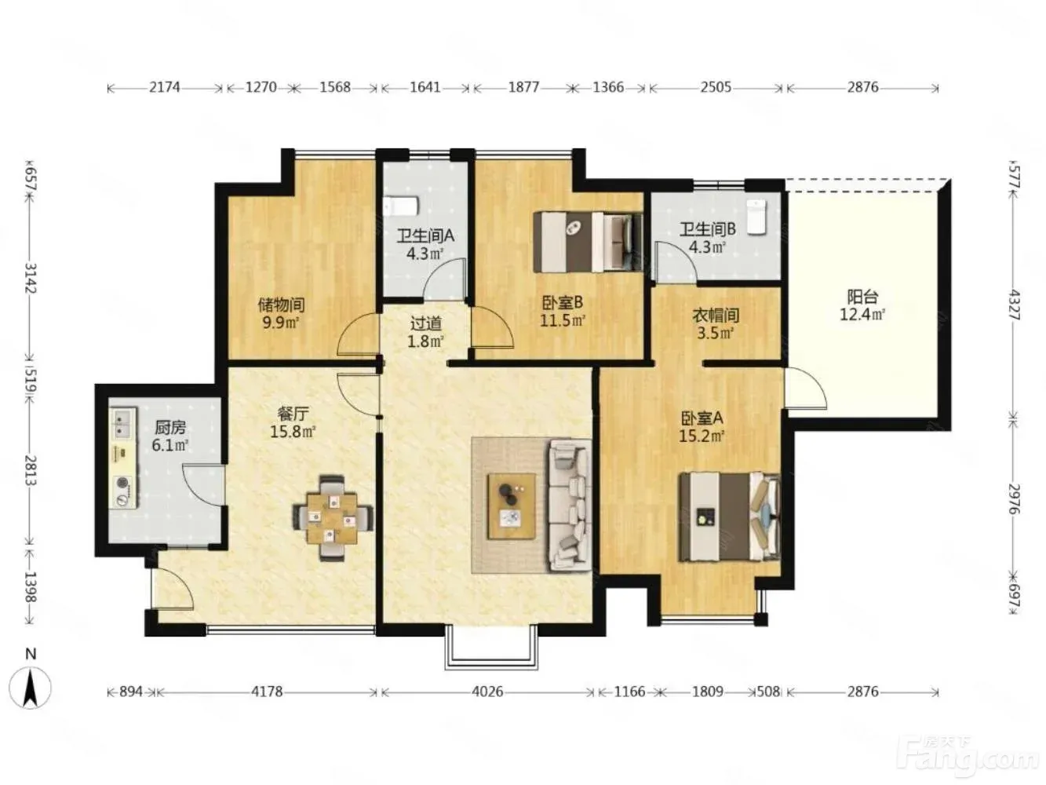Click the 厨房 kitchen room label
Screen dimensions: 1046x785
[170, 428]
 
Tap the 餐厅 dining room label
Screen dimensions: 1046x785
[293, 414]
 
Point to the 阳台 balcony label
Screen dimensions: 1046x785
[862, 297]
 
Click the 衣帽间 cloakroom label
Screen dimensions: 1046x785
[716, 315]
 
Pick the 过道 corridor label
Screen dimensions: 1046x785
[425, 323]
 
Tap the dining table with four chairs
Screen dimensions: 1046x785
[332, 517]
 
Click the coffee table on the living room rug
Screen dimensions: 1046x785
[511, 506]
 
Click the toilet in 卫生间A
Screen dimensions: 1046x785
[401, 206]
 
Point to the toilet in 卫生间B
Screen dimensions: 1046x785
[756, 217]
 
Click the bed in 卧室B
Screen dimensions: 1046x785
[588, 242]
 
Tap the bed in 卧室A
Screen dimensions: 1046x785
[730, 517]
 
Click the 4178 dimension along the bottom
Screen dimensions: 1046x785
[267, 691]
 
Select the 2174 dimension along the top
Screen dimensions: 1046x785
[165, 87]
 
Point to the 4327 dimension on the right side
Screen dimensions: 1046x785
[1014, 305]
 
